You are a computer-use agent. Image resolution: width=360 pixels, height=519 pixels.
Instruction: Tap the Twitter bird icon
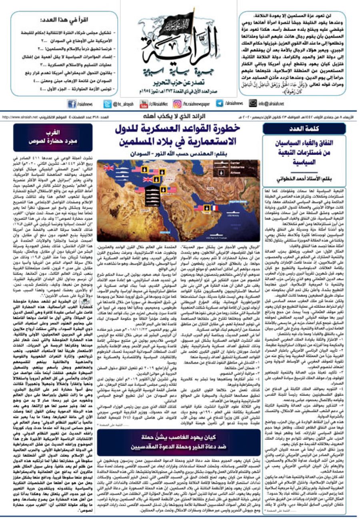tap(107, 104)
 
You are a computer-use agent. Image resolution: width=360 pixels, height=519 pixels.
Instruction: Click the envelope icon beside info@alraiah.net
tap(252, 104)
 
